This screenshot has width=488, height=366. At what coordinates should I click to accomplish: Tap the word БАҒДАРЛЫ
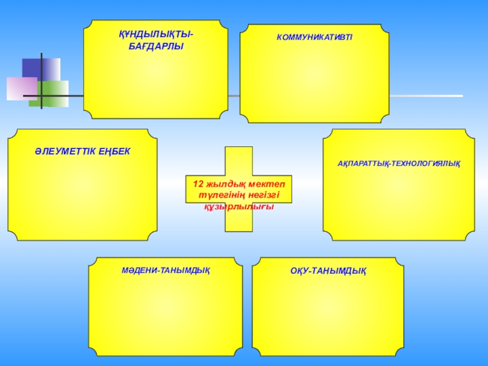[156, 46]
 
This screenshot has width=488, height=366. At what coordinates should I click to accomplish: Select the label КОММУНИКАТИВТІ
[314, 38]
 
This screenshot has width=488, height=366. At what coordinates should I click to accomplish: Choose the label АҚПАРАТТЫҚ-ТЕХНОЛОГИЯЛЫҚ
[399, 164]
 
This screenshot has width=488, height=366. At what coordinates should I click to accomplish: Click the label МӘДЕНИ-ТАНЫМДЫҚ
[165, 270]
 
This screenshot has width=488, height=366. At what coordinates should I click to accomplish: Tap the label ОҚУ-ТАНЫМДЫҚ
[328, 270]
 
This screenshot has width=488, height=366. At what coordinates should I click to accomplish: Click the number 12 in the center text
[198, 184]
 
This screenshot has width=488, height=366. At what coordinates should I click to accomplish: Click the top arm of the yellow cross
[239, 160]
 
